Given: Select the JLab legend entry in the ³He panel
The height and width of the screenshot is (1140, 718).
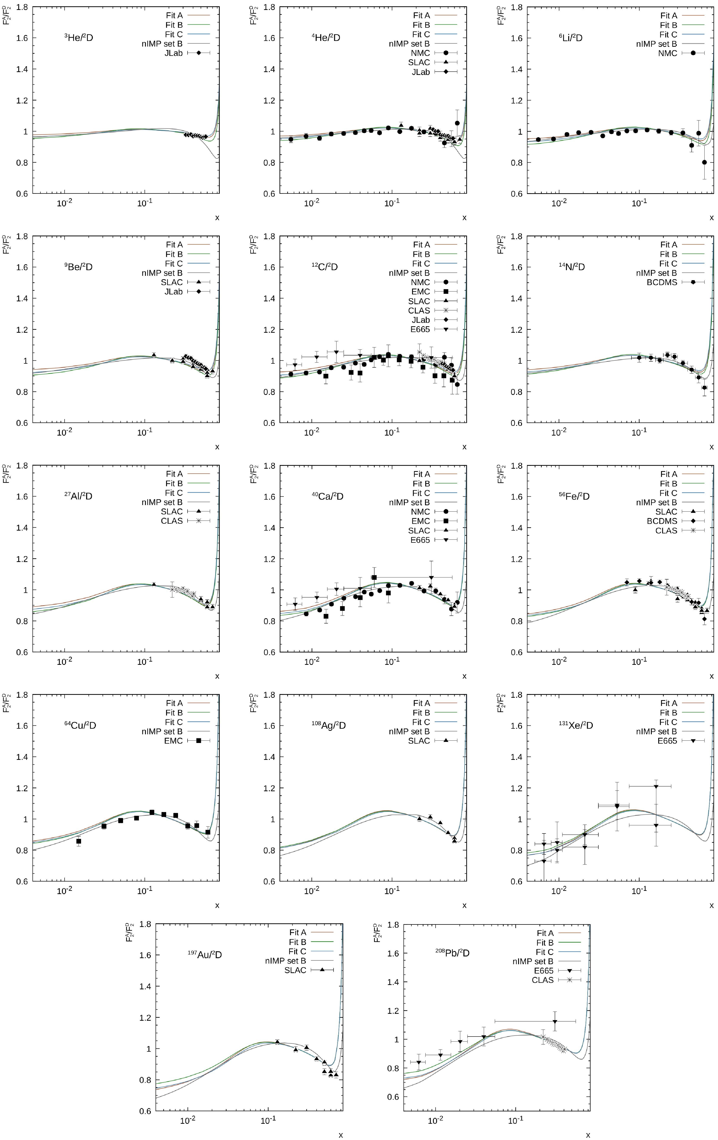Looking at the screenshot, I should point(173,53).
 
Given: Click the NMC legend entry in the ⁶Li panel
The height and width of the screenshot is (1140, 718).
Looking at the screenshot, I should point(667,53).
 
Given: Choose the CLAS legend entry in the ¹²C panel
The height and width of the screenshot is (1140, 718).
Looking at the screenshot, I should point(419,311).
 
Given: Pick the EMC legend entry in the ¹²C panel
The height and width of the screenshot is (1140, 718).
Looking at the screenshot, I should point(421,292).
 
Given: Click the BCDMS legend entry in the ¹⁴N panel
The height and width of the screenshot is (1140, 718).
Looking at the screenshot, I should point(662,282).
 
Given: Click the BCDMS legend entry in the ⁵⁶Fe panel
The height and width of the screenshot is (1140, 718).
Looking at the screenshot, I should point(662,521).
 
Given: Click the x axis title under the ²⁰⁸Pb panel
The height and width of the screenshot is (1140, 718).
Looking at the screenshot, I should point(588,1135).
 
